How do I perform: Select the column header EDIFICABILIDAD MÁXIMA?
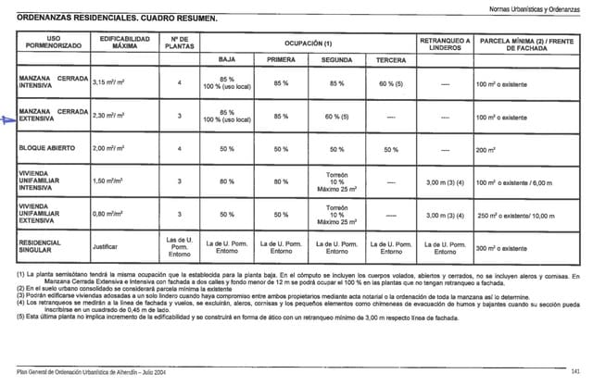click(x=118, y=42)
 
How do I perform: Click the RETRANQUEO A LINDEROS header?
click(x=445, y=42)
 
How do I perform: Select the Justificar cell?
click(x=106, y=247)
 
